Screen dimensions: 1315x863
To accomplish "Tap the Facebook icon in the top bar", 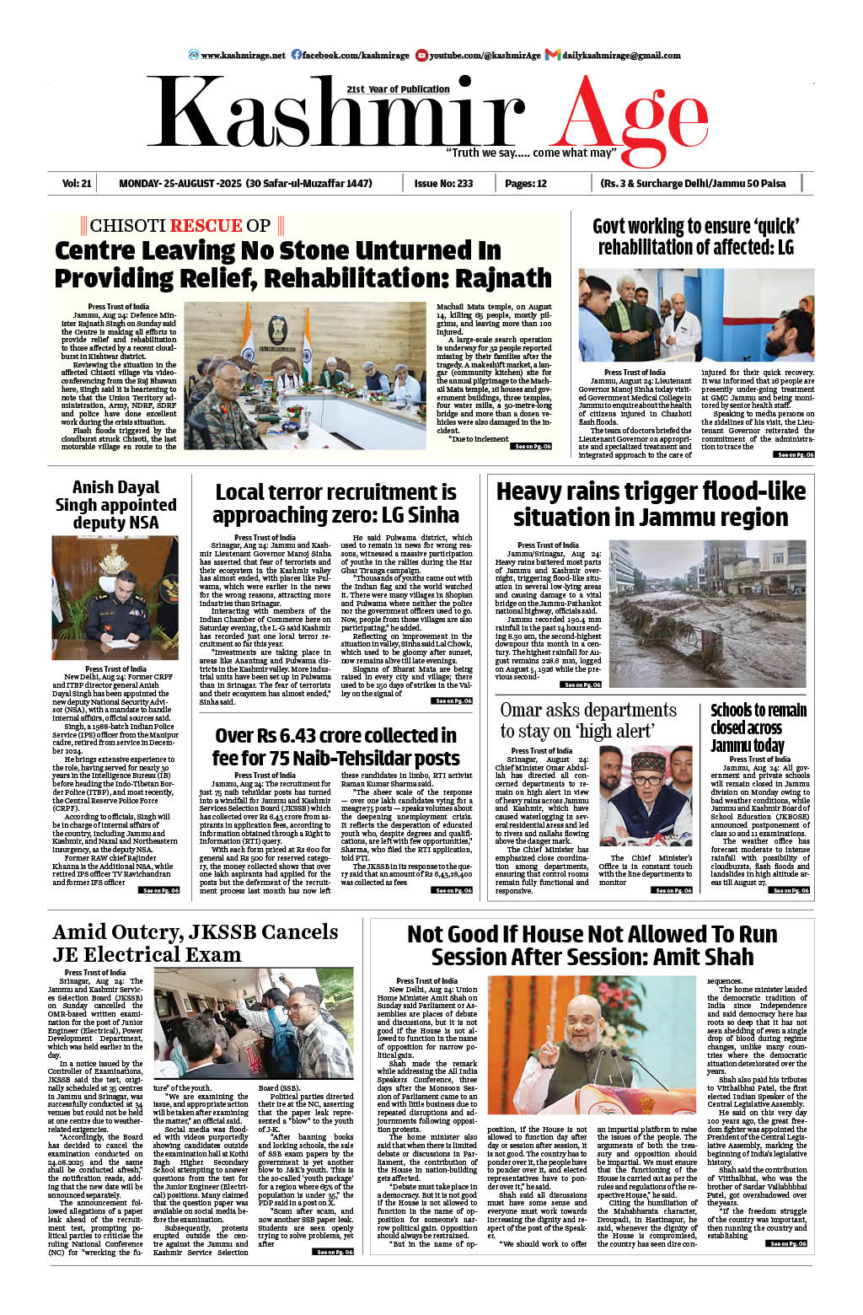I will coord(297,55).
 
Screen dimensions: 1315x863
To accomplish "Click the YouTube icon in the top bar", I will coord(421,55).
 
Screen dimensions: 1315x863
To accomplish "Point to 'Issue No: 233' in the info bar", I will coord(443,183).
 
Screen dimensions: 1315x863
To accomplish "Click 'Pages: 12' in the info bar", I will coord(526,183).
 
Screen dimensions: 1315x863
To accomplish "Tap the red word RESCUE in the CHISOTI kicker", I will coord(206,225).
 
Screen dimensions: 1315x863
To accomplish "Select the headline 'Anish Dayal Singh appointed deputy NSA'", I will coord(115,504).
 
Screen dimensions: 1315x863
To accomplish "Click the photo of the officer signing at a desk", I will coord(115,598).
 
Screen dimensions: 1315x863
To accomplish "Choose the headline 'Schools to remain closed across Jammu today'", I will coord(758,727).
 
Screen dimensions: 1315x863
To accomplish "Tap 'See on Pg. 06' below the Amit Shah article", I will coord(787,1243).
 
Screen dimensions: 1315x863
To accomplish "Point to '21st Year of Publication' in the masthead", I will coord(398,89).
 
